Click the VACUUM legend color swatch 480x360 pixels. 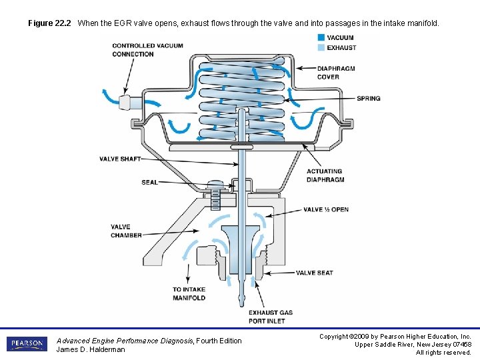[321, 38]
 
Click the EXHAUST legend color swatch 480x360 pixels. [321, 47]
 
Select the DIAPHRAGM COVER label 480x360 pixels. [337, 72]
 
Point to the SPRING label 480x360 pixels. [368, 99]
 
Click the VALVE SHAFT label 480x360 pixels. [120, 159]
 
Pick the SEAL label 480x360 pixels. [149, 182]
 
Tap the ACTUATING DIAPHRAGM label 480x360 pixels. [325, 175]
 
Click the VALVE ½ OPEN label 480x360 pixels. [326, 209]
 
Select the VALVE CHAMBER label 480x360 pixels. [126, 231]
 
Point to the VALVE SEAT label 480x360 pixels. [315, 273]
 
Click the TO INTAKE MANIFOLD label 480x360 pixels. [189, 294]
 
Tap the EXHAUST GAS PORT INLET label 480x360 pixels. [271, 316]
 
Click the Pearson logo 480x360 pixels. [27, 344]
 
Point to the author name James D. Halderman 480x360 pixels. [91, 349]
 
